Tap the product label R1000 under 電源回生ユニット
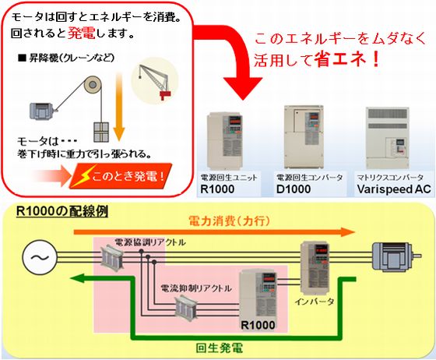tap(217, 189)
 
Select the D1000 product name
tap(294, 189)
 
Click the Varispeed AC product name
tap(394, 189)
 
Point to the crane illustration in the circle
tap(155, 80)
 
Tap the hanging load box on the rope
tap(101, 132)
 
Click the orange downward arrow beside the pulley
tap(119, 106)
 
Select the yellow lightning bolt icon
tap(85, 175)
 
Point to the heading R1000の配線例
tap(62, 211)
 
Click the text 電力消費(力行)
tap(230, 221)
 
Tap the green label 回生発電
tap(219, 348)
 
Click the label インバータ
tap(315, 302)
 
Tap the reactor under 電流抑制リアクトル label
tap(187, 309)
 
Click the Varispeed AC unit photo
tap(388, 137)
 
